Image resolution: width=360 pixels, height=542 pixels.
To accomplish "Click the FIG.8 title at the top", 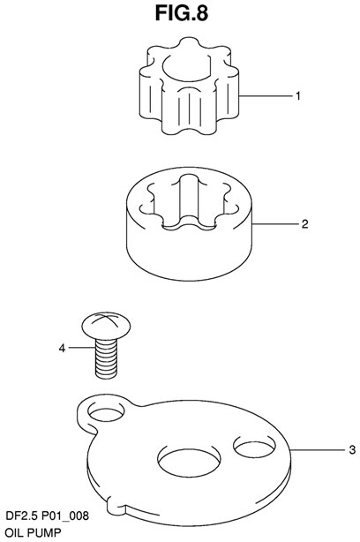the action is click(182, 13).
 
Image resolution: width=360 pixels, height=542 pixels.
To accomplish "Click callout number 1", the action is click(298, 95).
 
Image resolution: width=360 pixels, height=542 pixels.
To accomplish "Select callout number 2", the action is click(304, 224).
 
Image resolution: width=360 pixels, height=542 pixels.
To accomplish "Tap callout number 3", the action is click(352, 449).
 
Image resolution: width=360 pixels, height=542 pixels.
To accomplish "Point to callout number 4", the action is click(62, 348).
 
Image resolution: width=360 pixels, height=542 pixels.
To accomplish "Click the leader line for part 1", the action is click(266, 95).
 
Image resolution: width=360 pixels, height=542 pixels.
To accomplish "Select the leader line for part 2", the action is click(275, 224).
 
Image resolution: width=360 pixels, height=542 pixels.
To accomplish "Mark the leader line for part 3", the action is click(318, 449).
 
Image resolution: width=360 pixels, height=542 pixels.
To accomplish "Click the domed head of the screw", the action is click(106, 325).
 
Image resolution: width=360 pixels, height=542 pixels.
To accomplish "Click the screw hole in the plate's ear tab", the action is click(106, 412).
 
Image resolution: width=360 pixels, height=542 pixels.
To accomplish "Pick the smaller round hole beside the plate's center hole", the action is click(255, 445).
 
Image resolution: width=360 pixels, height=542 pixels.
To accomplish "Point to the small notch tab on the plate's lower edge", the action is click(116, 505).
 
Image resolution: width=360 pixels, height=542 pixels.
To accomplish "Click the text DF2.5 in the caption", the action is click(22, 516).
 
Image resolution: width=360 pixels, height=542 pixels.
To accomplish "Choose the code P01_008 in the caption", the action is click(65, 516).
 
